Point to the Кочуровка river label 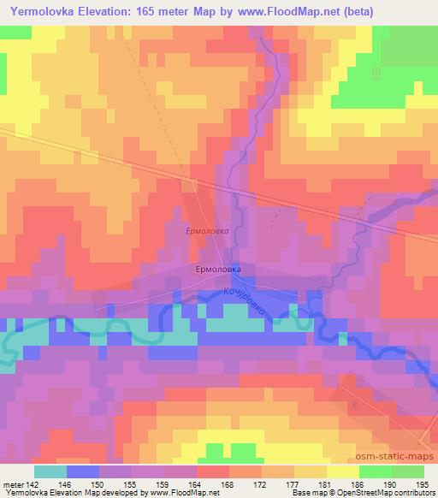(247, 304)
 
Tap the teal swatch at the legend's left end (50, 471)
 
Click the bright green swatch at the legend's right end (408, 471)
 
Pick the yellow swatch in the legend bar (343, 471)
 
